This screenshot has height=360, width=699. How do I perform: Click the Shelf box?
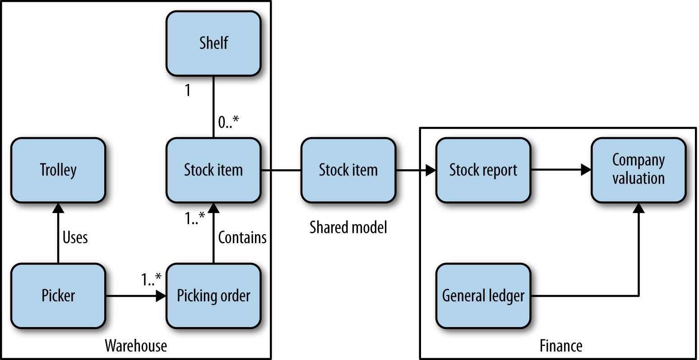coord(213,43)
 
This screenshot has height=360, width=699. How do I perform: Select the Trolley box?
coord(58,170)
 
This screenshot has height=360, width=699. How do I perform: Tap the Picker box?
coord(58,296)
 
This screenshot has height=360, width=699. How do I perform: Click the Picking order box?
coord(213,296)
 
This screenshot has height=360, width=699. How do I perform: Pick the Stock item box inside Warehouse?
coord(213,170)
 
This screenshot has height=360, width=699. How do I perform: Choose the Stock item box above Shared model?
coord(348,170)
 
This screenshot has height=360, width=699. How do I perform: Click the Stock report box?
coord(483,170)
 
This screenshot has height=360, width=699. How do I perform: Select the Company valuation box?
coord(639,170)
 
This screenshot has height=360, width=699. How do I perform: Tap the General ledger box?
coord(483,296)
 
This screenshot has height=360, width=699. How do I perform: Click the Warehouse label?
coord(136,346)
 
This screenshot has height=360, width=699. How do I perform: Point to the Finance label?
coord(561,346)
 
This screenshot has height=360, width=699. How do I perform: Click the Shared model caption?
coord(348,227)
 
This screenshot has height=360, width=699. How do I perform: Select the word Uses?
coord(75,237)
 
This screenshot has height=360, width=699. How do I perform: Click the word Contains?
coord(242,237)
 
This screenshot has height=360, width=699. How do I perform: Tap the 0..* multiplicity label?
coord(228,122)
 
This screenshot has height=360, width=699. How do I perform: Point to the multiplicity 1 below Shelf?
coord(188,91)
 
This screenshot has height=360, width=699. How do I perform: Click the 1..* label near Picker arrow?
coord(151,280)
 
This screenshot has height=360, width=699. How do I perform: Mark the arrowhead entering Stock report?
coord(431,170)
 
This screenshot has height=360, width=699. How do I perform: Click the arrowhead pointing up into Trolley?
coord(58,208)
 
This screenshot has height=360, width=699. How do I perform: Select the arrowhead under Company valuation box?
coord(639,208)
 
